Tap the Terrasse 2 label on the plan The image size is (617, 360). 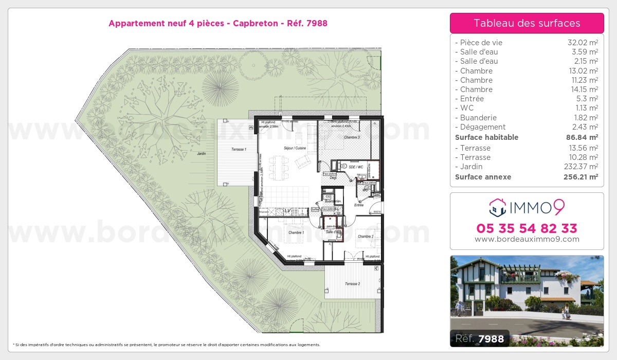point(352,284)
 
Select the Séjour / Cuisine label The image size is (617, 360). point(295,148)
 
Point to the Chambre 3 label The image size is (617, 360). point(352,137)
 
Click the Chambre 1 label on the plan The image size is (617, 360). point(296,233)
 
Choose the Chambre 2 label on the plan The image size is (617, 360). point(365,237)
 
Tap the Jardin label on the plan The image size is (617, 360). point(201,154)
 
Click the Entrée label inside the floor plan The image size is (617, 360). point(358,205)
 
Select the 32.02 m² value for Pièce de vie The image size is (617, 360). point(582,43)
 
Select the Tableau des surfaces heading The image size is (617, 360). point(527,23)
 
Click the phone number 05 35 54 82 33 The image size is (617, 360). point(527,228)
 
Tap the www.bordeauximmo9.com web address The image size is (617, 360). point(527,239)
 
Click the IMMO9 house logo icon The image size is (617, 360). point(498,208)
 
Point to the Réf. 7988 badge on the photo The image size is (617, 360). point(480,338)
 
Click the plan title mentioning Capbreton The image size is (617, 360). point(218,23)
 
